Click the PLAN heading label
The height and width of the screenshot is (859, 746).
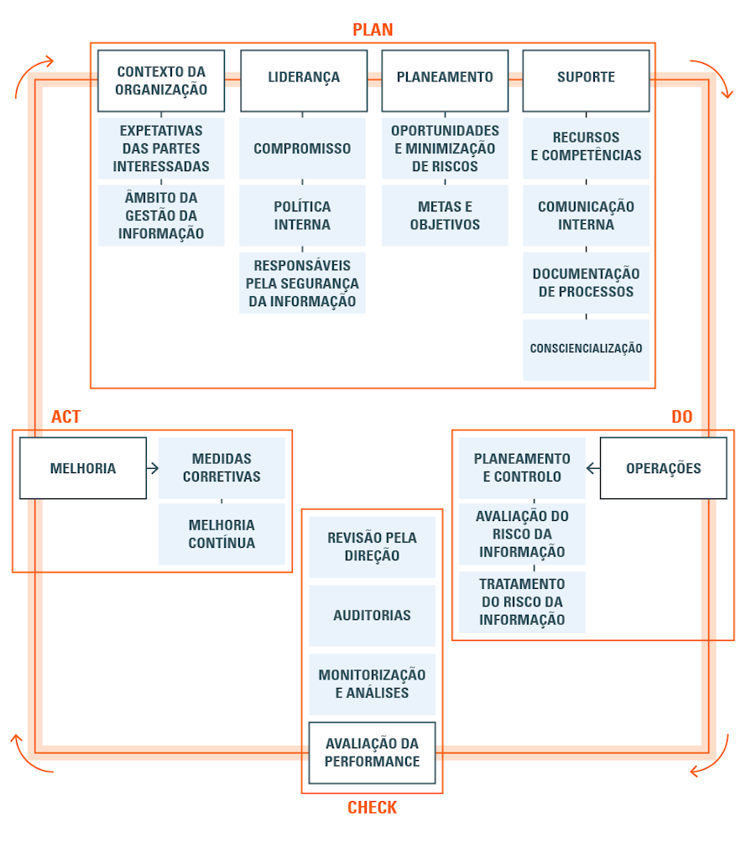point(373,30)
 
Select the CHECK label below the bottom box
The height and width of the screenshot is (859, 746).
point(372,808)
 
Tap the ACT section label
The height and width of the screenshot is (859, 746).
point(66,417)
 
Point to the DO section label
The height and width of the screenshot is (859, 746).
point(681,417)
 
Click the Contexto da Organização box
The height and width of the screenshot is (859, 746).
point(161,81)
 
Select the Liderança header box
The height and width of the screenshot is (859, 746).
point(304,81)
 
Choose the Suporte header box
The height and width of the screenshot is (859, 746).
point(586,81)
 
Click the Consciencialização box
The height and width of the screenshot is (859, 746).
point(586,349)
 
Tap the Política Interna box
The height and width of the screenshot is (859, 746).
point(302,216)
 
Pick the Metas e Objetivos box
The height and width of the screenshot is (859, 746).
point(445,216)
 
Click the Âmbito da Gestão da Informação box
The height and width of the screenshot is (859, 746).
point(161,216)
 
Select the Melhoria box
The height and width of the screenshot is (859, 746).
point(83,468)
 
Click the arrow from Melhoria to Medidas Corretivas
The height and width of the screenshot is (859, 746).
point(153,468)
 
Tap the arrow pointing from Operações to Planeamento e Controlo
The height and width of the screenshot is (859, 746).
point(592,468)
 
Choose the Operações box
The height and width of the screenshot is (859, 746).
point(663,468)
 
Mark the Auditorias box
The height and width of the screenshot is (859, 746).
point(372,615)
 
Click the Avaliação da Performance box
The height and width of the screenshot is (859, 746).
point(372,752)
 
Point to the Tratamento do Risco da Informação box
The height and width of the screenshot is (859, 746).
point(522,602)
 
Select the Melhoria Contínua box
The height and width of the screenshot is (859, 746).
point(222,534)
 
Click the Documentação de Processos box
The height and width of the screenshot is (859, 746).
point(586,283)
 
